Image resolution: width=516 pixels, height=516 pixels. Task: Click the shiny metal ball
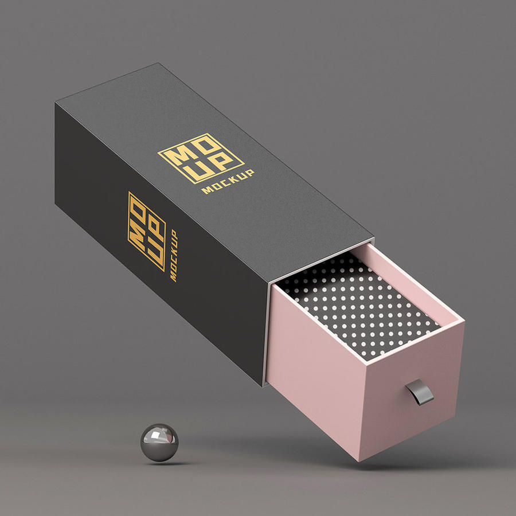[x=159, y=442]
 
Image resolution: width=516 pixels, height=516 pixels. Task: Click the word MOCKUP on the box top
[x=228, y=182]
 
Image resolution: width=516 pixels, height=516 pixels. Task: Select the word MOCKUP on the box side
[x=173, y=255]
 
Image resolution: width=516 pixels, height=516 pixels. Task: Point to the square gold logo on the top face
[x=201, y=158]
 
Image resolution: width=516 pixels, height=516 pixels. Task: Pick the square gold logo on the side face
[x=146, y=231]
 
